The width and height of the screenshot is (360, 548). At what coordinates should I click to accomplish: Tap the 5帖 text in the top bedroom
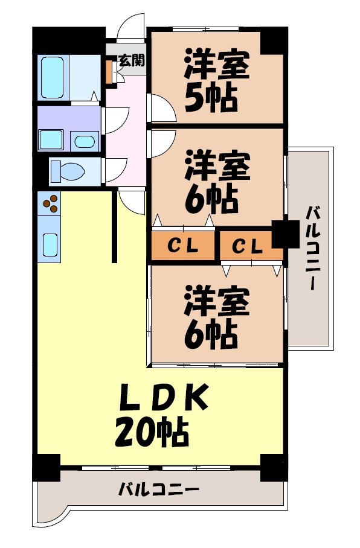(x=210, y=98)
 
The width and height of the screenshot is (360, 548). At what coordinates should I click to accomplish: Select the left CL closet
(x=182, y=246)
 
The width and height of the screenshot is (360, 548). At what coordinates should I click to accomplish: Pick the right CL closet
(x=248, y=246)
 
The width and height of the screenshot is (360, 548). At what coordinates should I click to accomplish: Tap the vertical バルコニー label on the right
(x=312, y=248)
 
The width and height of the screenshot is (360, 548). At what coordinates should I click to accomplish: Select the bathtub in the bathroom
(x=53, y=77)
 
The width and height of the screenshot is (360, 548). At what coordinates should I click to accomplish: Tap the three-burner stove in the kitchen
(x=50, y=203)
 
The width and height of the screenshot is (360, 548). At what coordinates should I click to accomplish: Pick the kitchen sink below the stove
(x=50, y=244)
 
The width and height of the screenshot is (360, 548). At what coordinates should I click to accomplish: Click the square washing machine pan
(x=52, y=140)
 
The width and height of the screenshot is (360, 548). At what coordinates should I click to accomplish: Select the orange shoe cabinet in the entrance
(x=109, y=72)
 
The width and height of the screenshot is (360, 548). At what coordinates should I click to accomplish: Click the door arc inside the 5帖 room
(x=161, y=109)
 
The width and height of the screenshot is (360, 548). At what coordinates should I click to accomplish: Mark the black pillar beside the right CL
(x=283, y=234)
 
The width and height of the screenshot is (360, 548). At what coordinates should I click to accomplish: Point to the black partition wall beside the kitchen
(x=114, y=226)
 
